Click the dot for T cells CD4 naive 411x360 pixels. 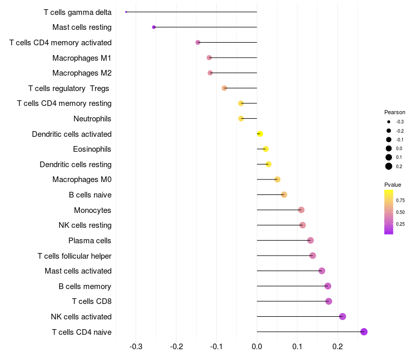(x=364, y=332)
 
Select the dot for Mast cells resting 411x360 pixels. (x=154, y=27)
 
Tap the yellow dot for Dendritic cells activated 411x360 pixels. (x=260, y=134)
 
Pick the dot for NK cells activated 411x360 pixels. (x=343, y=316)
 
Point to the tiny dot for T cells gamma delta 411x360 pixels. (x=126, y=12)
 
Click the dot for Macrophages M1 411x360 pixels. (x=209, y=58)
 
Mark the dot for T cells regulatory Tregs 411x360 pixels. (x=225, y=88)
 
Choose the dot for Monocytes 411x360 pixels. (x=301, y=210)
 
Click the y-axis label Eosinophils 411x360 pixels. (x=92, y=149)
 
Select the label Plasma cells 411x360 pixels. (x=90, y=241)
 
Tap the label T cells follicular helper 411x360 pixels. (x=74, y=256)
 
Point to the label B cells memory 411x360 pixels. (x=85, y=286)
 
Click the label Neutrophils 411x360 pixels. (x=92, y=119)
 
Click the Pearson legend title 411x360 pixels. (x=395, y=112)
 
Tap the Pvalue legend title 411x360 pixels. (x=393, y=185)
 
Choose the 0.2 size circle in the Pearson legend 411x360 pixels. (x=389, y=166)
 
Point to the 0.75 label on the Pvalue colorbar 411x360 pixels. (x=400, y=200)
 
